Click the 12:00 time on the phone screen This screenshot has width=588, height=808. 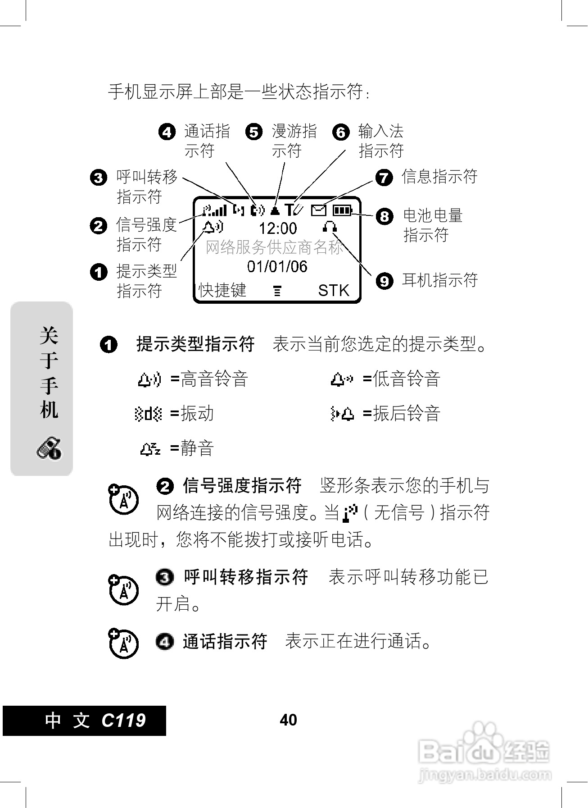coord(277,228)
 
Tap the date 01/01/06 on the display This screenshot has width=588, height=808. coord(277,266)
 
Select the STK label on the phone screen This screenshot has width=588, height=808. coord(333,290)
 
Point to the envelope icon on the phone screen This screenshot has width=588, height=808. coord(319,210)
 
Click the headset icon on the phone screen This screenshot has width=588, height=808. coord(330,226)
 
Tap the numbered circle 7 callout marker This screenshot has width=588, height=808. coord(384,177)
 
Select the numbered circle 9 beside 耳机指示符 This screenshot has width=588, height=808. coord(384,281)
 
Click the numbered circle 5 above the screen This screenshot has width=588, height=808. coord(254,132)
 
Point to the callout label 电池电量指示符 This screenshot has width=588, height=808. coord(432,225)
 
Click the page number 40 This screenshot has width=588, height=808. coord(288,720)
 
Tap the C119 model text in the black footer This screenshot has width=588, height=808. coord(123,720)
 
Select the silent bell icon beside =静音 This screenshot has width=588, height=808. coord(150,448)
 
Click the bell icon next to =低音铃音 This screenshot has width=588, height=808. coord(342,379)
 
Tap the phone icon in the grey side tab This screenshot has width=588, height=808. coord(49,448)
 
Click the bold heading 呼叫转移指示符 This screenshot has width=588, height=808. coord(246,577)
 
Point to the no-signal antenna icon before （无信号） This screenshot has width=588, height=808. coord(350,513)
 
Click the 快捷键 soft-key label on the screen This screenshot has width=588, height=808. coord(222,290)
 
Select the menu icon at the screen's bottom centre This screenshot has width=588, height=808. coord(277,291)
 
